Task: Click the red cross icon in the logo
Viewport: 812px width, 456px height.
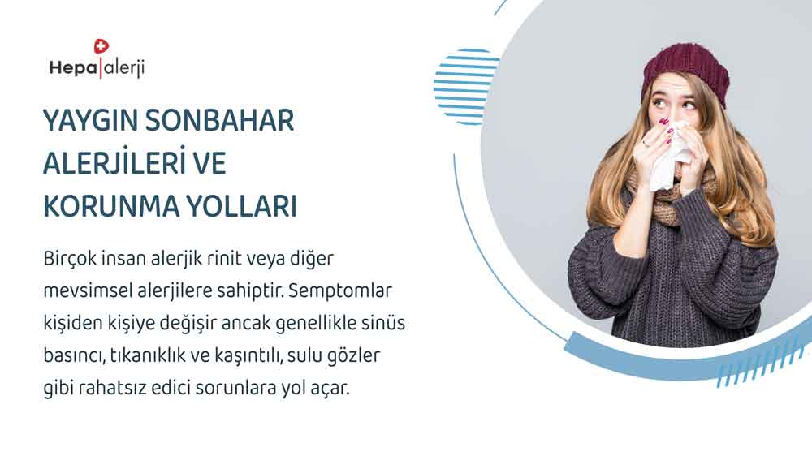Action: click(101, 46)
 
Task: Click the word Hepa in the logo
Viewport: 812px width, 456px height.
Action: click(73, 68)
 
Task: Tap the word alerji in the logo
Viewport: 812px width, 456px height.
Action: click(123, 68)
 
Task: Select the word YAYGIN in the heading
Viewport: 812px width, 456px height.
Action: click(91, 121)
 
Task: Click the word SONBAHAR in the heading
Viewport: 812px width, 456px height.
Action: click(219, 121)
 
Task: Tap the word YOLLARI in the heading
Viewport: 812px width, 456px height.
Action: click(242, 206)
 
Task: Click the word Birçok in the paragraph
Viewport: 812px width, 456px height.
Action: click(70, 259)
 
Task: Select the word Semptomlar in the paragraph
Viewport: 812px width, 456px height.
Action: click(340, 290)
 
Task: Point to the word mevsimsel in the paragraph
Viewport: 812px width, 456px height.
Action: click(88, 290)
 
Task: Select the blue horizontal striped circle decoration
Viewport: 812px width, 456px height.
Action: click(465, 87)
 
